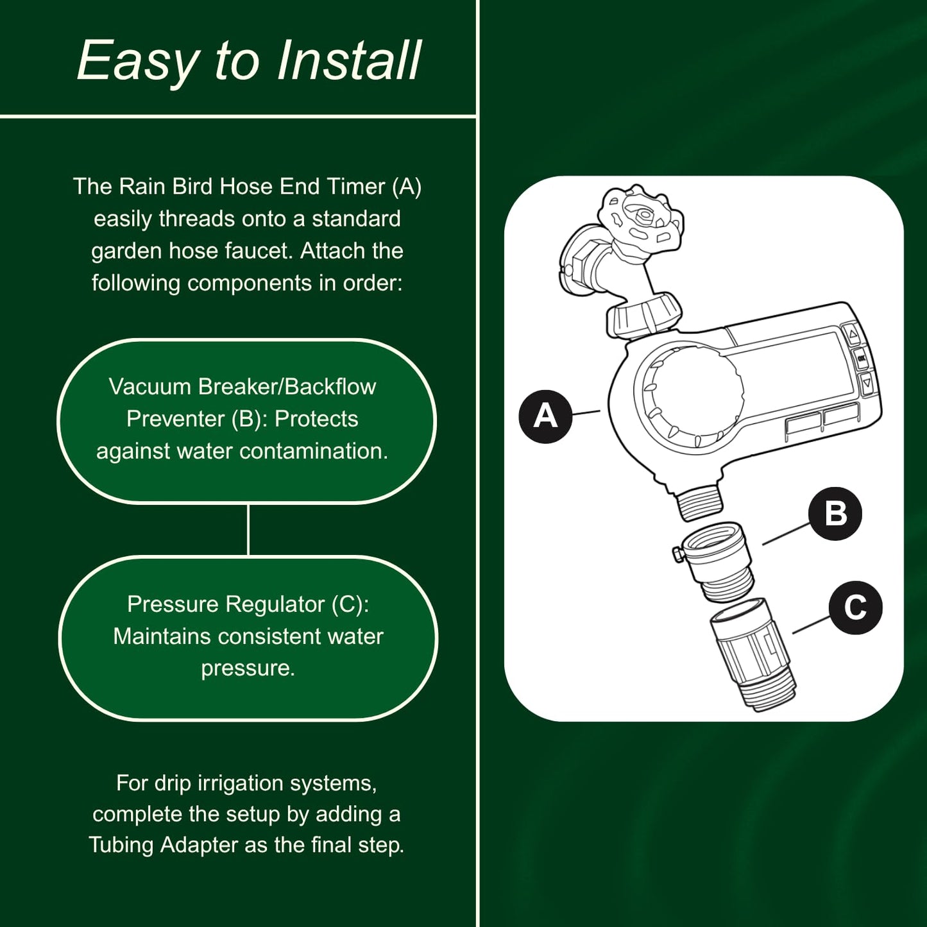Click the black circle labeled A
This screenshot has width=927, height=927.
pos(545,416)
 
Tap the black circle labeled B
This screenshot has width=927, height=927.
pos(835,513)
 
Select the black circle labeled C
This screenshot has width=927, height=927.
pos(855,608)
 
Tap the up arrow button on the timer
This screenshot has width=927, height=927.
pos(853,334)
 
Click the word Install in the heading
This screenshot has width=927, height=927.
pos(348,61)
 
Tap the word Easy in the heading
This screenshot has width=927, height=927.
pos(138,61)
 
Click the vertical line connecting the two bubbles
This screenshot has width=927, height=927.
pos(248,530)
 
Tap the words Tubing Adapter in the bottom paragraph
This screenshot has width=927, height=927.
pos(163,845)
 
